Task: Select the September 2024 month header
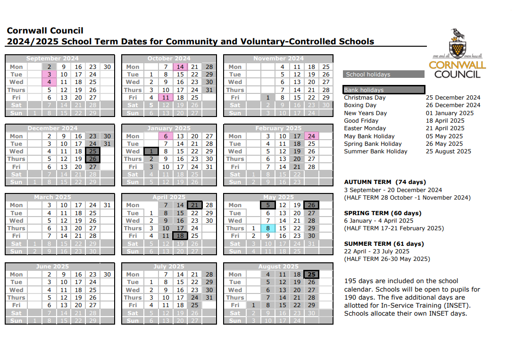(x=52, y=59)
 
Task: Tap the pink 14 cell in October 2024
(x=180, y=67)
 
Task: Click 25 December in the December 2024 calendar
(x=92, y=151)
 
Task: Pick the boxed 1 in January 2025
(x=151, y=151)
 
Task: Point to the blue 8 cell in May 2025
(x=267, y=228)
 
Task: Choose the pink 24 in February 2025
(x=311, y=136)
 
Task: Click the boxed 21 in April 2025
(x=194, y=205)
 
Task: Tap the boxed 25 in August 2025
(x=311, y=275)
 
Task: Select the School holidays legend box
(x=384, y=74)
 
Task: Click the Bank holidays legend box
(x=384, y=90)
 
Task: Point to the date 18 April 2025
(x=445, y=121)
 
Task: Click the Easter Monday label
(x=365, y=128)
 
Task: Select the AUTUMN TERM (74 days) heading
(x=385, y=182)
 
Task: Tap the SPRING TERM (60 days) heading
(x=383, y=213)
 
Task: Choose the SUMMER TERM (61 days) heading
(x=384, y=244)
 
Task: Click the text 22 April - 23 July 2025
(x=376, y=251)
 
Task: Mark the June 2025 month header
(x=52, y=267)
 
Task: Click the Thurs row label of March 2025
(x=17, y=228)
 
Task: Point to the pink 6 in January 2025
(x=166, y=136)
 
